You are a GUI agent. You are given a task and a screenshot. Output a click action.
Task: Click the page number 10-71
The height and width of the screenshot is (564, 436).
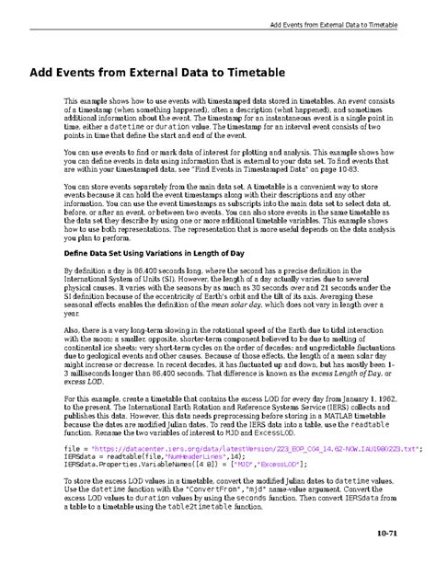411,533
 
